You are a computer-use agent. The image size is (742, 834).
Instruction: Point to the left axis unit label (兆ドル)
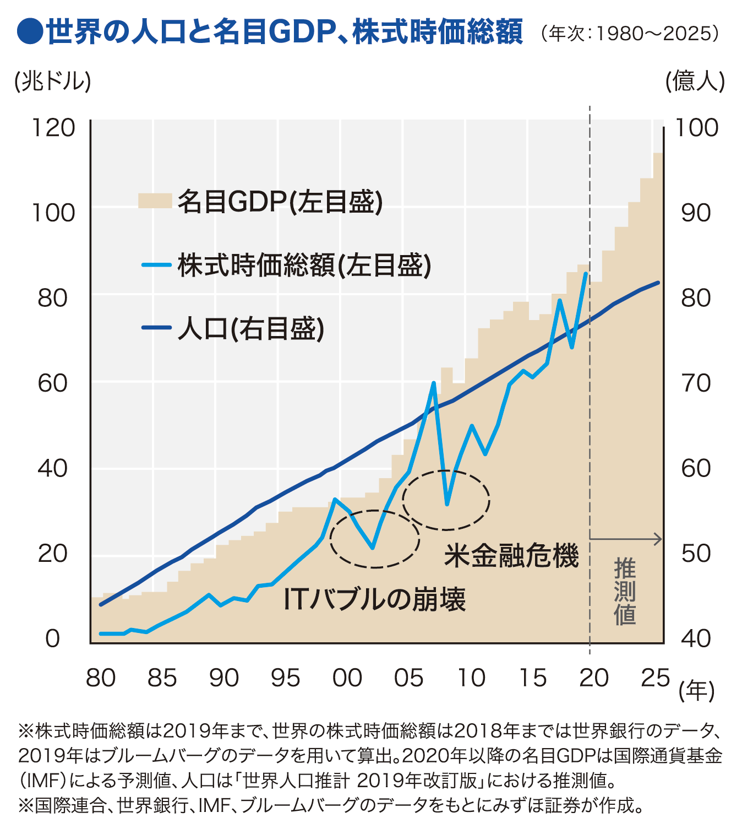[x=53, y=82]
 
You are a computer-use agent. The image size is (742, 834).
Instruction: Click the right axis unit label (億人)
[x=695, y=82]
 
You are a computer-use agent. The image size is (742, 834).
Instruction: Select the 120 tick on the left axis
[x=53, y=128]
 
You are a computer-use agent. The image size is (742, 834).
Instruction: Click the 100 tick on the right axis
[x=696, y=128]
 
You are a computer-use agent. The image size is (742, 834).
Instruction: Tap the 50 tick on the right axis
[x=696, y=553]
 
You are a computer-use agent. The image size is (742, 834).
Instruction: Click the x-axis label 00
[x=347, y=678]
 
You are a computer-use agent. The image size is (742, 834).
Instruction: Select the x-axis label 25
[x=655, y=678]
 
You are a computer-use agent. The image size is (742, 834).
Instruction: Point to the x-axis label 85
[x=162, y=678]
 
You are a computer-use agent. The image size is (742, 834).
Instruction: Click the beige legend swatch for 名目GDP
[x=155, y=201]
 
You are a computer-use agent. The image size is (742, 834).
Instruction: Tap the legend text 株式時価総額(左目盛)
[x=304, y=266]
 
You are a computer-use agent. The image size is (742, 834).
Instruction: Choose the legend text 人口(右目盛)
[x=250, y=329]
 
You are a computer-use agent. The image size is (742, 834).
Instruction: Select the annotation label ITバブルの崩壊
[x=374, y=599]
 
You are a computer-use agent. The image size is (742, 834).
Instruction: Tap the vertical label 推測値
[x=625, y=592]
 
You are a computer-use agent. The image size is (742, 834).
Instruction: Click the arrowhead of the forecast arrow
[x=658, y=539]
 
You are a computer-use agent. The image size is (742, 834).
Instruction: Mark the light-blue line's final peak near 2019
[x=586, y=274]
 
